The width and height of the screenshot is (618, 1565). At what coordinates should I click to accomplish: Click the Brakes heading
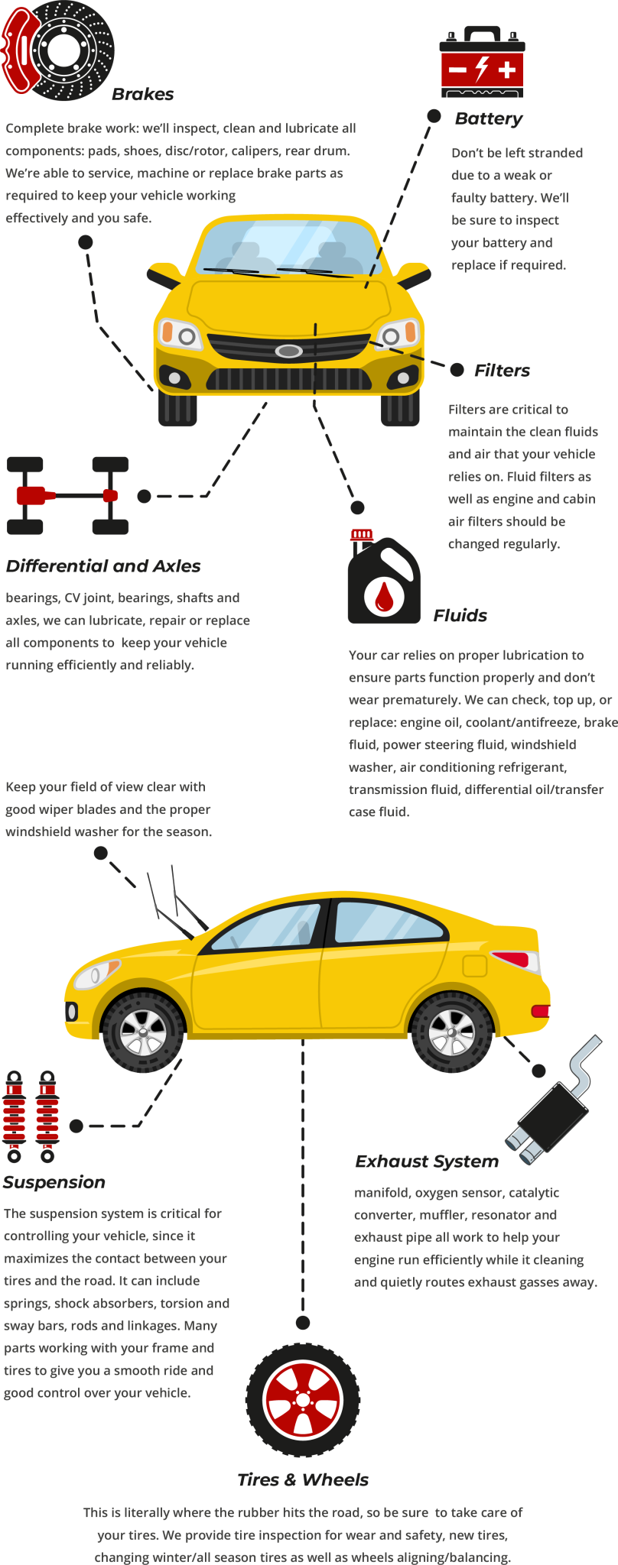tap(143, 95)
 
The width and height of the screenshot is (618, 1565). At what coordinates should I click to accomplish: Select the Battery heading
tap(489, 119)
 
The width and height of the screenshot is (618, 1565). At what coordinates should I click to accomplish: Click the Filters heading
tap(502, 371)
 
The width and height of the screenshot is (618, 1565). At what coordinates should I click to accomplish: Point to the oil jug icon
tap(384, 578)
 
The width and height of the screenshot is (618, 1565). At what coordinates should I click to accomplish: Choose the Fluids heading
tap(460, 616)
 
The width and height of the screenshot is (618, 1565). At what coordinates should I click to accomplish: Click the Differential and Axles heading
tap(103, 566)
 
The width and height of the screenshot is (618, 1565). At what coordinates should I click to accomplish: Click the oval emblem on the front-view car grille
tap(289, 351)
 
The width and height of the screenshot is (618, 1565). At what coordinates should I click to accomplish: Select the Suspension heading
tap(54, 1182)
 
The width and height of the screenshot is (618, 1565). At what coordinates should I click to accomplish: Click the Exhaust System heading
tap(426, 1162)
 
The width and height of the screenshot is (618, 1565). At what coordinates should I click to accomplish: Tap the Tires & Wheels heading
tap(303, 1480)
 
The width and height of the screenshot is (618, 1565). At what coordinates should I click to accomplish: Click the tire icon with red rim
tap(303, 1399)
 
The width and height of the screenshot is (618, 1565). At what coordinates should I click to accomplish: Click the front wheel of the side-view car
tap(143, 1032)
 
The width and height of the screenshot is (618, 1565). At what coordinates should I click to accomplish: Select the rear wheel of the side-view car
tap(452, 1032)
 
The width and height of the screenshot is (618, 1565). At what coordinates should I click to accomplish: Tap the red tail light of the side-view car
tap(514, 958)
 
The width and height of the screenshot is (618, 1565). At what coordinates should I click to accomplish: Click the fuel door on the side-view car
tap(475, 965)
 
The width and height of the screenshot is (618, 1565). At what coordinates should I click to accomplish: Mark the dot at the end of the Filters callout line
tap(457, 370)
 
